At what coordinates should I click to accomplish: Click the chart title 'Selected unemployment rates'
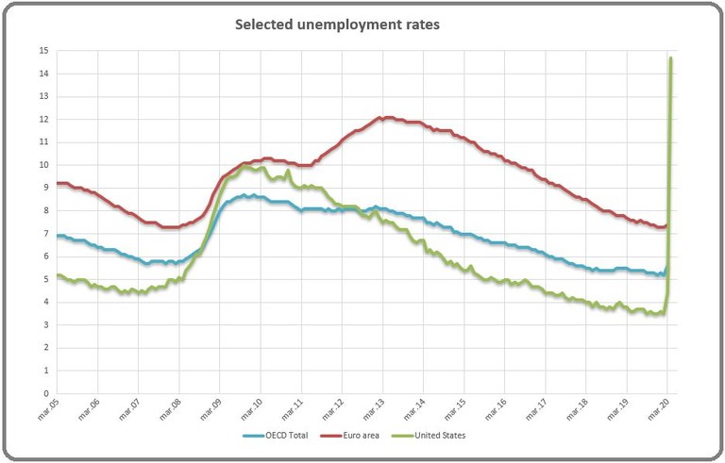(x=337, y=25)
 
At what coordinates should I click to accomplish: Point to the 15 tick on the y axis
(x=42, y=50)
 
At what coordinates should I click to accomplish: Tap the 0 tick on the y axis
(x=44, y=393)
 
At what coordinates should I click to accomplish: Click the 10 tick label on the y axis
(x=42, y=165)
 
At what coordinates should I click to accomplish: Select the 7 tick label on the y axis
(x=44, y=233)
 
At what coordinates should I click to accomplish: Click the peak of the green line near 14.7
(x=670, y=58)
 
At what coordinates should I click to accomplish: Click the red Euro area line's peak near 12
(x=381, y=118)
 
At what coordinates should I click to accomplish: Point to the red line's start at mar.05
(x=58, y=183)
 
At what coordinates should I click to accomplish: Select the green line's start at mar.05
(x=58, y=275)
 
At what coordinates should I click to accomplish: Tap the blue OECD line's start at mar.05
(x=58, y=236)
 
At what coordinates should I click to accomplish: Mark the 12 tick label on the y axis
(x=42, y=119)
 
